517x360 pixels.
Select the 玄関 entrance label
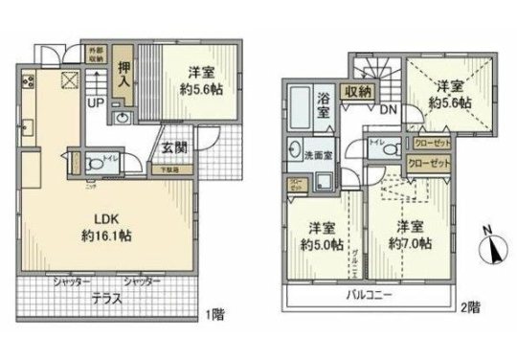[x=174, y=147]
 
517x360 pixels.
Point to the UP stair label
[x=95, y=101]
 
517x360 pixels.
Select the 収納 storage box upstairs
[x=359, y=91]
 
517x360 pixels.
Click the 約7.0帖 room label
[x=412, y=236]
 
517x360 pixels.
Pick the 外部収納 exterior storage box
[x=95, y=53]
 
